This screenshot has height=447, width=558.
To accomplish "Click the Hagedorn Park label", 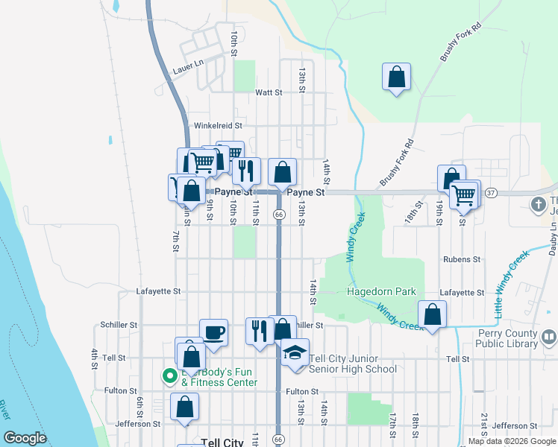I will (x=381, y=292).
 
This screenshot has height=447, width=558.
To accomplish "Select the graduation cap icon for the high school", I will (x=295, y=352).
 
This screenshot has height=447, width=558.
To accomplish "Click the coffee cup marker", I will (x=213, y=332).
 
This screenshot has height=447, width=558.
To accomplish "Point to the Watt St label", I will (x=269, y=93).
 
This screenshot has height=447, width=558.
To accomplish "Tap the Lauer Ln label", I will (x=187, y=67).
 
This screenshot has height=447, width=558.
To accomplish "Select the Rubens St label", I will (x=461, y=259).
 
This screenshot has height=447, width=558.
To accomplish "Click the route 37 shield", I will (x=490, y=193).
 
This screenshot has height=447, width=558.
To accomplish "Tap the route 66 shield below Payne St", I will (x=278, y=215).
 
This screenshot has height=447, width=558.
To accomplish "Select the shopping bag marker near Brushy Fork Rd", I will (x=397, y=77).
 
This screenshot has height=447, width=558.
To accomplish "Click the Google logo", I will (x=25, y=438).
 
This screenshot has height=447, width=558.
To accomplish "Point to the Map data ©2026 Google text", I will (x=512, y=441).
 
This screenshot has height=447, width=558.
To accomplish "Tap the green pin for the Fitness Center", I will (x=169, y=376).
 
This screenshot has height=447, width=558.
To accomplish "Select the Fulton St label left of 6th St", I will (x=119, y=390).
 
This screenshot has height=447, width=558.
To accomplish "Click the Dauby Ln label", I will (x=553, y=237).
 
